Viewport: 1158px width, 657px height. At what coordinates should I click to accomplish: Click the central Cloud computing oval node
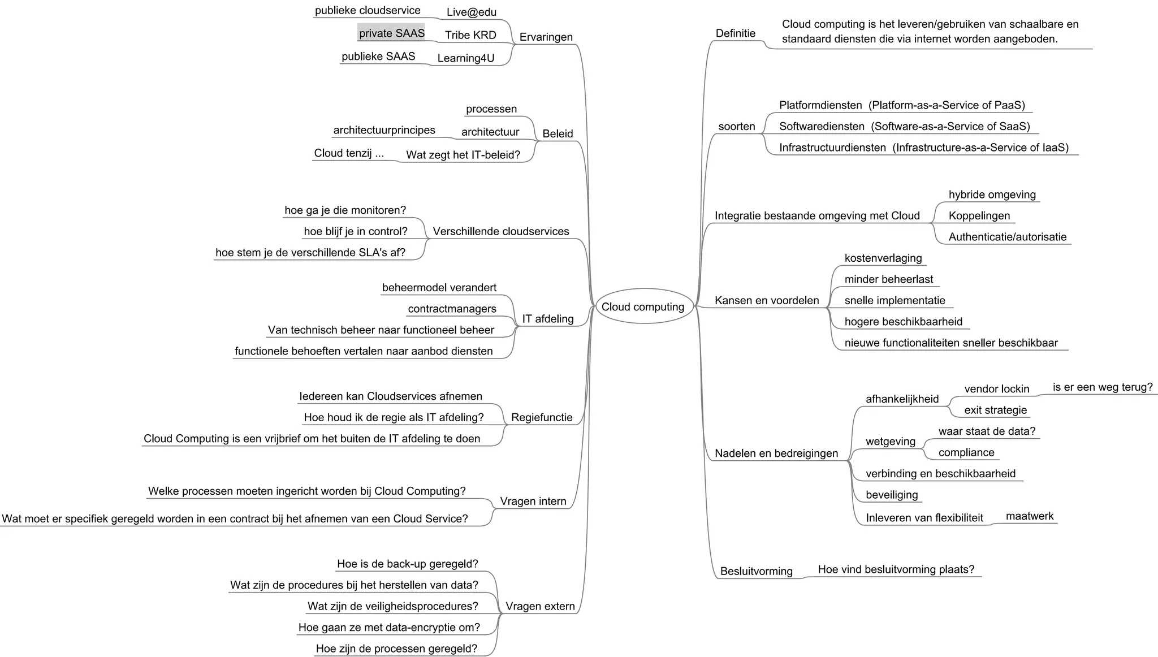point(643,306)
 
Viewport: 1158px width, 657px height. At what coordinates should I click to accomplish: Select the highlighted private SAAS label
point(391,33)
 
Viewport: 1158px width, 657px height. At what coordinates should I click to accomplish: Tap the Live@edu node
point(471,12)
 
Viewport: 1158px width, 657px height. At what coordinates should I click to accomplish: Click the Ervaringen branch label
point(546,37)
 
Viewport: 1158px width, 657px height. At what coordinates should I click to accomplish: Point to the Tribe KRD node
point(470,35)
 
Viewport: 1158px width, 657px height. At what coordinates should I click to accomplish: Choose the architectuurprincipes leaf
point(384,130)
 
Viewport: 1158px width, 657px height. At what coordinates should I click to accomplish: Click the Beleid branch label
point(557,133)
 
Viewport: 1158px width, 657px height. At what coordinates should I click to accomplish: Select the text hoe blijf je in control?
point(355,231)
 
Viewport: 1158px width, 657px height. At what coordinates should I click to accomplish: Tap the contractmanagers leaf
point(452,309)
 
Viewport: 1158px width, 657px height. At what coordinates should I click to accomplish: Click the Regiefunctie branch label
point(541,417)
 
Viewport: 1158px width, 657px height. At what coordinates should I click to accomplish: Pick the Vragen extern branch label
point(539,606)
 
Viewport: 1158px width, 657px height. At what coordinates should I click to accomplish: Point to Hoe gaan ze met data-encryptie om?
point(388,627)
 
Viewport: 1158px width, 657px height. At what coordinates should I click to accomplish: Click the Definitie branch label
point(735,33)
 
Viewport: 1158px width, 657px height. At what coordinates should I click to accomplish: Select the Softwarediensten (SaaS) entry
point(904,126)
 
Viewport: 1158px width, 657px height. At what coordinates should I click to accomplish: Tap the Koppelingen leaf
point(979,215)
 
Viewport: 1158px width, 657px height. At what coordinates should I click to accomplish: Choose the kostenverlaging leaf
point(883,258)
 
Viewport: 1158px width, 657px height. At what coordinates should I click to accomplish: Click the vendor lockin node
point(996,388)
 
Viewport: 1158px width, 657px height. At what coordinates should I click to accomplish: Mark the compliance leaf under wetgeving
point(966,452)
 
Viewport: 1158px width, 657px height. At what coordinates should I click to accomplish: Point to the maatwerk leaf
point(1029,516)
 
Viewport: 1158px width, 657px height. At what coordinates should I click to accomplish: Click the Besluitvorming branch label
point(756,571)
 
